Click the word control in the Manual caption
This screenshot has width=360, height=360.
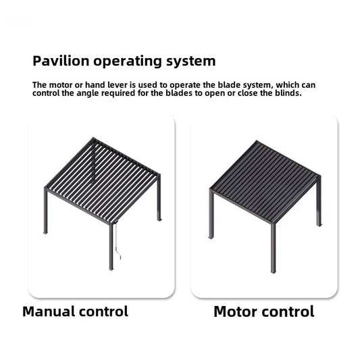pos(102,312)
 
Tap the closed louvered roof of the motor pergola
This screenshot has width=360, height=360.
pos(264,180)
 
